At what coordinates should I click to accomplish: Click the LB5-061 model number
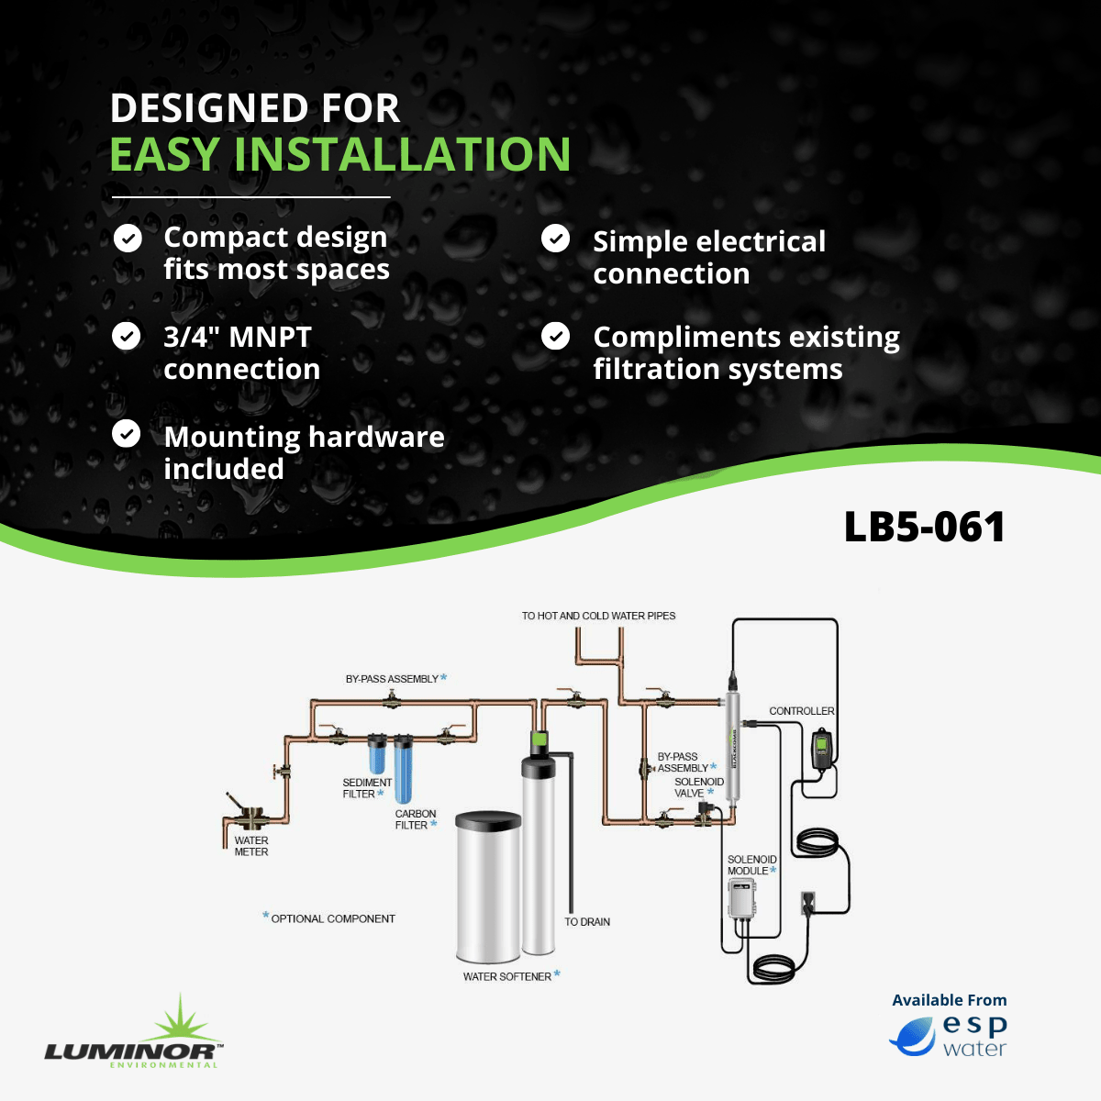coord(924,527)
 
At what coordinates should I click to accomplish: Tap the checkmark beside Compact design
coord(128,238)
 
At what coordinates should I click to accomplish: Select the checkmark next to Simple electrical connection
coord(555,238)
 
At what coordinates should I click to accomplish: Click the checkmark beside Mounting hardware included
coord(127,434)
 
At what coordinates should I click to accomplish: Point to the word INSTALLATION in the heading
coord(402,154)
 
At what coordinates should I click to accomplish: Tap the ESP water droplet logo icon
coord(912,1037)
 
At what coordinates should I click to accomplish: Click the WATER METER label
coord(250,846)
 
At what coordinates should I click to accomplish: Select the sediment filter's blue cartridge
coord(376,753)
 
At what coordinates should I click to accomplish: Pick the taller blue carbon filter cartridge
coord(403,769)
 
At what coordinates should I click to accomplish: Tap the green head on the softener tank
coord(539,739)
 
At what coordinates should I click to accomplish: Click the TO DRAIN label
coord(587,921)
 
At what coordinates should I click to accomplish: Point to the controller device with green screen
coord(821,749)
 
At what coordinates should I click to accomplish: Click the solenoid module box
coord(742,899)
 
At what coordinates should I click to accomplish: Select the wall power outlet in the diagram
coord(808,902)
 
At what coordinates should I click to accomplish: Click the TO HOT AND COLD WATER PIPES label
coord(598,616)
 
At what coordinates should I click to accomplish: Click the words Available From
coord(949,1000)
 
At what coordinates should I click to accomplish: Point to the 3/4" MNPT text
coord(237,337)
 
